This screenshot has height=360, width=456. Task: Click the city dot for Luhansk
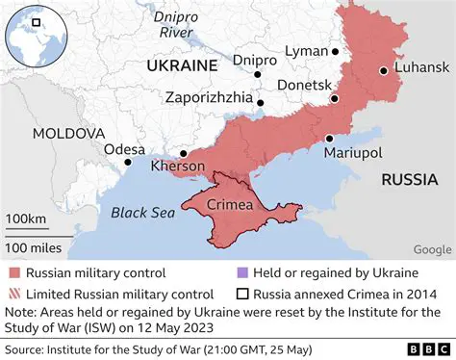tap(383, 70)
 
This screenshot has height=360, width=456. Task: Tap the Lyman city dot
tap(336, 52)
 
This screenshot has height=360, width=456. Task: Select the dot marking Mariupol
tap(329, 138)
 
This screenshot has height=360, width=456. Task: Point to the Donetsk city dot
tap(335, 99)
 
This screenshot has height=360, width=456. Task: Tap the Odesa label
tap(125, 149)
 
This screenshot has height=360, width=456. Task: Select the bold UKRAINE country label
tap(180, 65)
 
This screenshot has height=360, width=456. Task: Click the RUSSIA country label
tap(410, 179)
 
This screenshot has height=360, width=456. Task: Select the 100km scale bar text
tap(26, 219)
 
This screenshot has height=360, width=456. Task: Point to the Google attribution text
tap(432, 249)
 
